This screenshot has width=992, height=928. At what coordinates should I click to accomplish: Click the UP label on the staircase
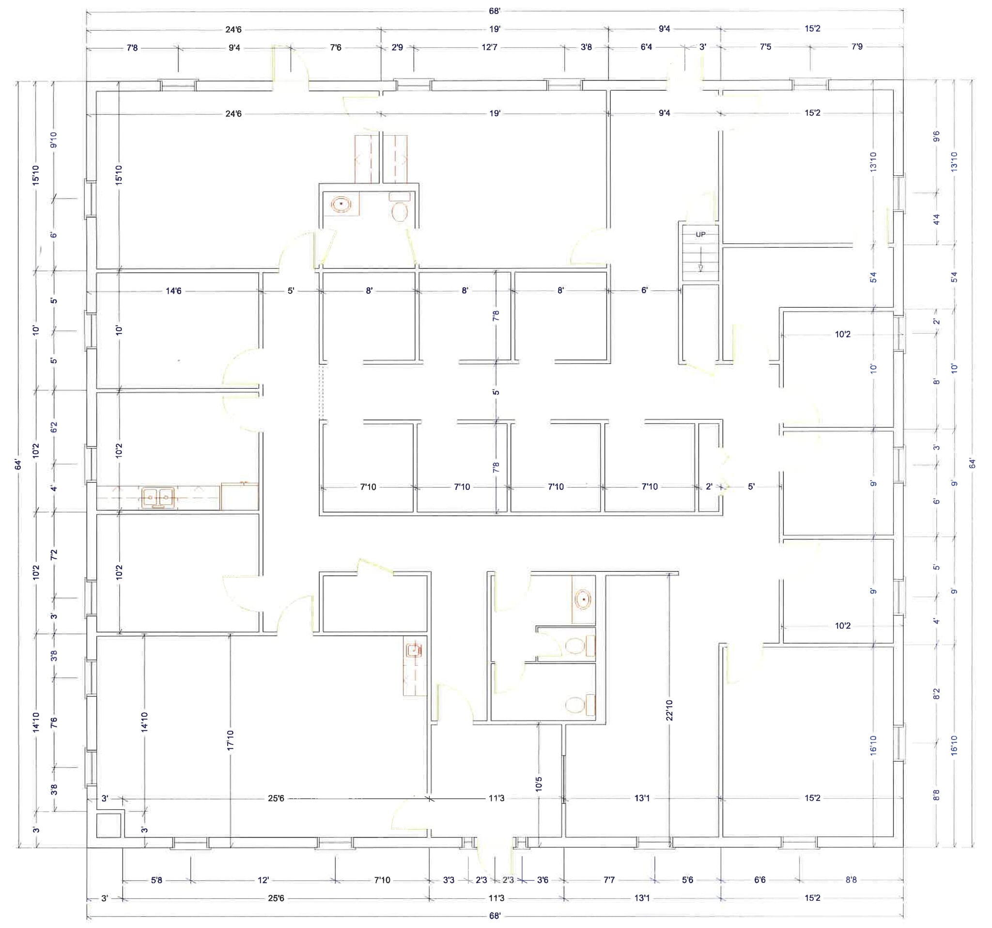tap(700, 234)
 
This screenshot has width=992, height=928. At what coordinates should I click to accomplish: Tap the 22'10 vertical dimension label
tap(669, 710)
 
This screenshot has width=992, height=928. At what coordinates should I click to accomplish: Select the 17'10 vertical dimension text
tap(230, 740)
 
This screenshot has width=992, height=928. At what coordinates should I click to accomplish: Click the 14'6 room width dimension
tap(174, 291)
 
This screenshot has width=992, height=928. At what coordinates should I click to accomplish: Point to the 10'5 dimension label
tap(538, 784)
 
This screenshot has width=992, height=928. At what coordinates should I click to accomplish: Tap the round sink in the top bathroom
tap(341, 204)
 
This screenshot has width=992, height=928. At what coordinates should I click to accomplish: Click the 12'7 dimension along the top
tap(489, 47)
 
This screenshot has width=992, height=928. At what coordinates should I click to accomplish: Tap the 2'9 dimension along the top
tap(397, 47)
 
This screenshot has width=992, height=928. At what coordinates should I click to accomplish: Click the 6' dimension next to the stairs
tap(645, 290)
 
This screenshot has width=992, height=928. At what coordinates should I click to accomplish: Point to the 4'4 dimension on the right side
tap(936, 219)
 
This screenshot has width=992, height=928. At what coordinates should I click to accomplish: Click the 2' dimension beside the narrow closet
tap(709, 486)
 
